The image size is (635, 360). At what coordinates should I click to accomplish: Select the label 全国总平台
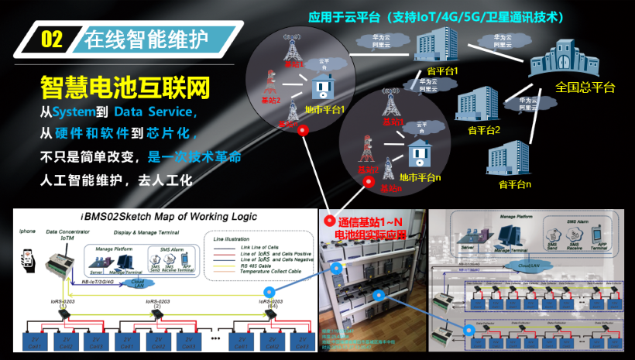585,87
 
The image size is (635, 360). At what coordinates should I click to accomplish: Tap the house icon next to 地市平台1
323,87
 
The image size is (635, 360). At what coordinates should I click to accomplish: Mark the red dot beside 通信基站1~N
328,221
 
